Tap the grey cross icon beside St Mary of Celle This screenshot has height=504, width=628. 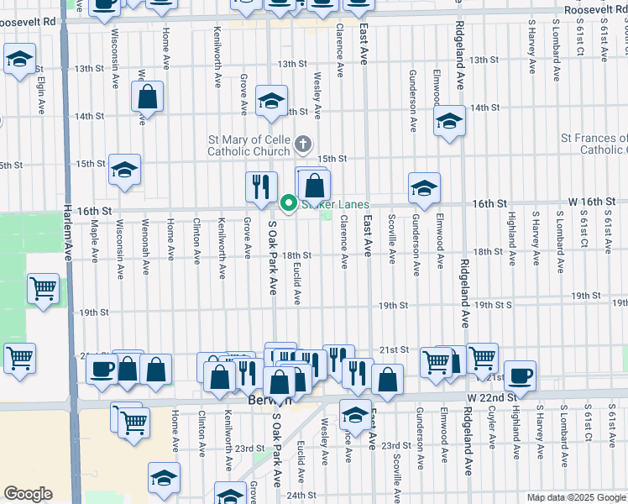coord(304,144)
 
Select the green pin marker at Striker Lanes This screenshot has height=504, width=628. coord(288,203)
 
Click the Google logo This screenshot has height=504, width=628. coord(28,494)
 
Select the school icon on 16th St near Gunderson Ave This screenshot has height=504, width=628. coord(424,189)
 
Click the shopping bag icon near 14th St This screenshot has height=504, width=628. coord(148,97)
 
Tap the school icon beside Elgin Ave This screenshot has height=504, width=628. coord(18,60)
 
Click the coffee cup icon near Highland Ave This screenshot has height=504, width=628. coord(520,375)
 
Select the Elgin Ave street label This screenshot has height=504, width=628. coord(40,96)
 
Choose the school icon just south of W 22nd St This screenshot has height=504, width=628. coord(355,415)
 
